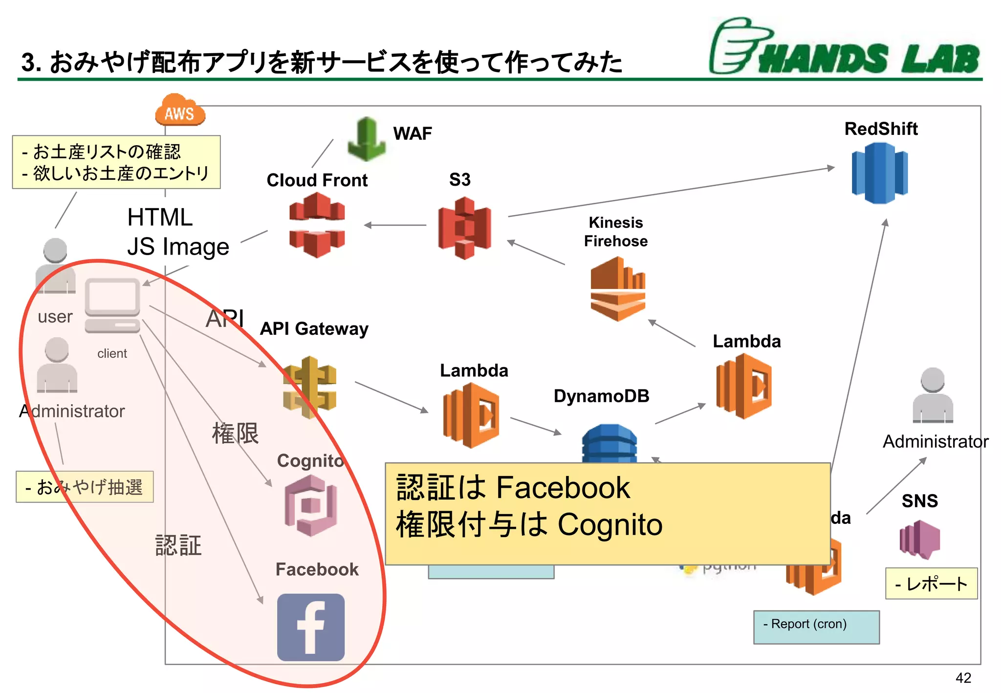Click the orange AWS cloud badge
click(x=180, y=111)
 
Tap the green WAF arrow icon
click(x=367, y=139)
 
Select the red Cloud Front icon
click(x=317, y=225)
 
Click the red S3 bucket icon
click(x=464, y=228)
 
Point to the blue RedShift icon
click(x=879, y=173)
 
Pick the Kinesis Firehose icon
click(x=618, y=288)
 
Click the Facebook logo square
click(x=311, y=627)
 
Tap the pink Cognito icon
click(x=311, y=506)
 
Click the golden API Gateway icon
click(x=309, y=388)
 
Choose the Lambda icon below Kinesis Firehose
click(x=743, y=386)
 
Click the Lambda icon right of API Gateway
click(x=471, y=415)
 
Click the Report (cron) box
click(x=816, y=627)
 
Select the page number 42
click(x=963, y=678)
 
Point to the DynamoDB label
click(x=601, y=396)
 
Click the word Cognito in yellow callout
click(x=609, y=525)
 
